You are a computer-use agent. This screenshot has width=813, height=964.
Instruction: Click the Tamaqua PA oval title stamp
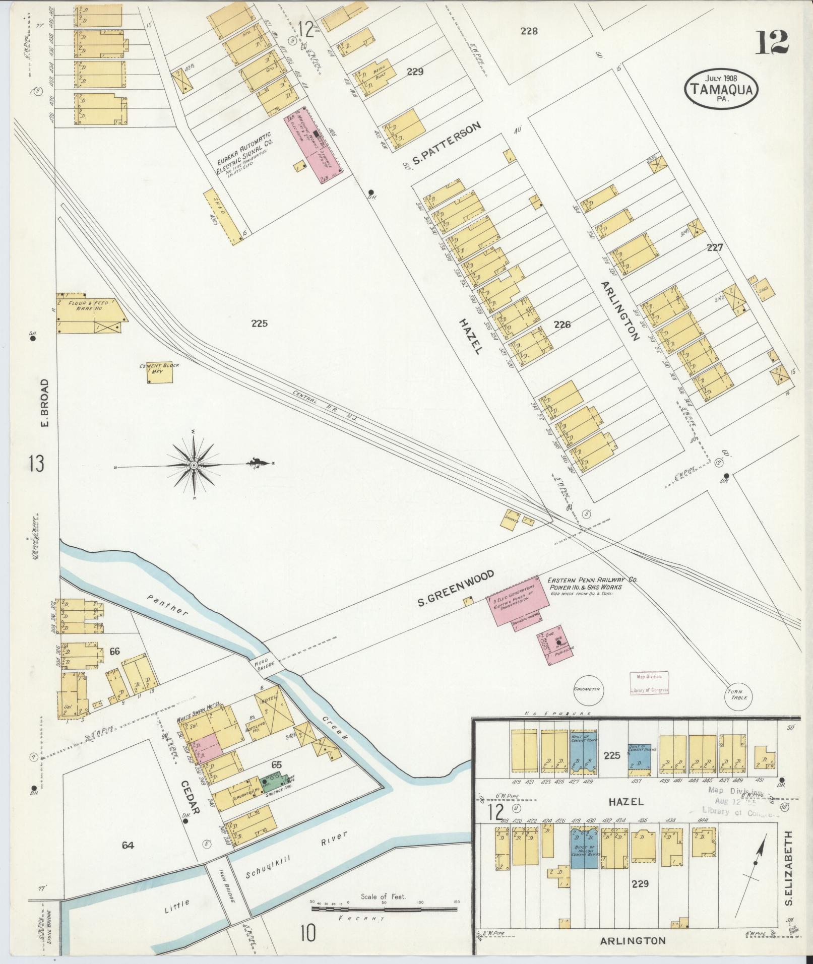coord(721,89)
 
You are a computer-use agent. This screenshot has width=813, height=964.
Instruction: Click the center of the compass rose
coord(194,464)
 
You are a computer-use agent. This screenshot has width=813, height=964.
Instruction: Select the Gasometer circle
coord(588,688)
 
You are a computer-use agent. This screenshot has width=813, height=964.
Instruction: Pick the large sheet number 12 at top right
coord(772,42)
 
